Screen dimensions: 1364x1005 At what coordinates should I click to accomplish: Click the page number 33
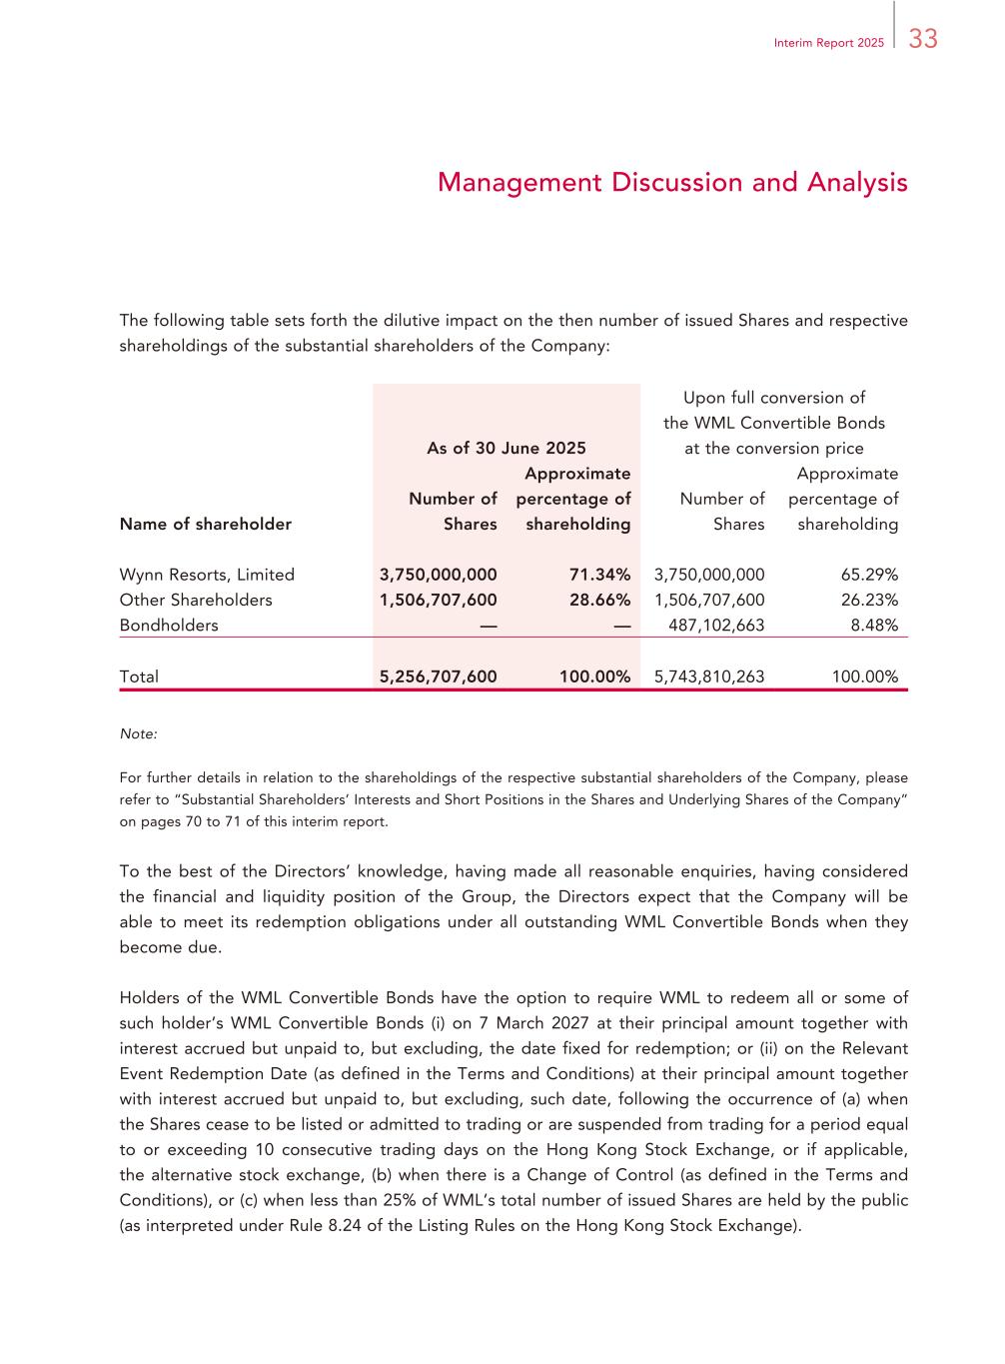tap(923, 39)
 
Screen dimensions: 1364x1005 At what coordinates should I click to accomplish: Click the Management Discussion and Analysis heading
tap(672, 183)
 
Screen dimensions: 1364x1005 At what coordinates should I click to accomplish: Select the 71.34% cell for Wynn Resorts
tap(599, 575)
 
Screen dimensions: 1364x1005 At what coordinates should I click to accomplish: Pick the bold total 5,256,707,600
tap(438, 677)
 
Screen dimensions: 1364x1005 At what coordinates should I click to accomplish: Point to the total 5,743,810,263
tap(709, 677)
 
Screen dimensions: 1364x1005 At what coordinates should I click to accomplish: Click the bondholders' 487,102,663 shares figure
tap(716, 626)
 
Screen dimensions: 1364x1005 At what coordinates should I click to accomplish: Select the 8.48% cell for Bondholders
tap(875, 626)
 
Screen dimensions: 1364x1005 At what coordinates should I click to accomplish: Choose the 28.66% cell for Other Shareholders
tap(599, 600)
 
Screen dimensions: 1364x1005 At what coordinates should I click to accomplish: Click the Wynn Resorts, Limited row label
tap(207, 575)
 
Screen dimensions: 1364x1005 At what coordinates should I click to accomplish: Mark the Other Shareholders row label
tap(196, 600)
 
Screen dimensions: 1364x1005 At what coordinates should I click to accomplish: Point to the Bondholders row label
tap(169, 626)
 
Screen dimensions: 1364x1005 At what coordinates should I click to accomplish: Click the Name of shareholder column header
tap(206, 524)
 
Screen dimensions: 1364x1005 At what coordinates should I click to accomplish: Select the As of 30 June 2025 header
tap(506, 448)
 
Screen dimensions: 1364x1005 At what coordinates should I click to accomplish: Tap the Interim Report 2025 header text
tap(828, 44)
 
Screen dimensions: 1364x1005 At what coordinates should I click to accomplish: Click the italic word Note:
tap(138, 733)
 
